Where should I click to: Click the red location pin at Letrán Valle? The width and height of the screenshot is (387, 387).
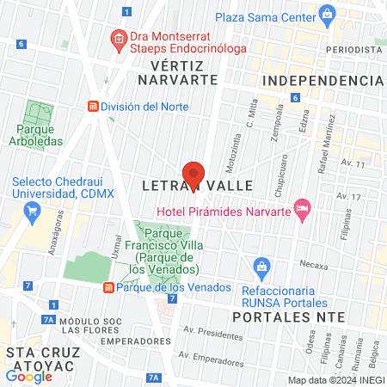[x=193, y=174]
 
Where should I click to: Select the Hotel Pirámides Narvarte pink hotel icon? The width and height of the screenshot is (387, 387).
[x=302, y=209]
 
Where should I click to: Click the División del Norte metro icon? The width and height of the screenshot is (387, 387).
[x=92, y=107]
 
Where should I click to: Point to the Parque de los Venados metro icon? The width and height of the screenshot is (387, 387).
[x=108, y=287]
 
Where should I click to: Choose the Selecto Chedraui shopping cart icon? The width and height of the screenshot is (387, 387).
[x=32, y=209]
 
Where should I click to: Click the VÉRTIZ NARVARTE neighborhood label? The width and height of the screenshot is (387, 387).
[x=181, y=72]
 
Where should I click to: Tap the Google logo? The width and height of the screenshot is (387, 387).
[x=28, y=376]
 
